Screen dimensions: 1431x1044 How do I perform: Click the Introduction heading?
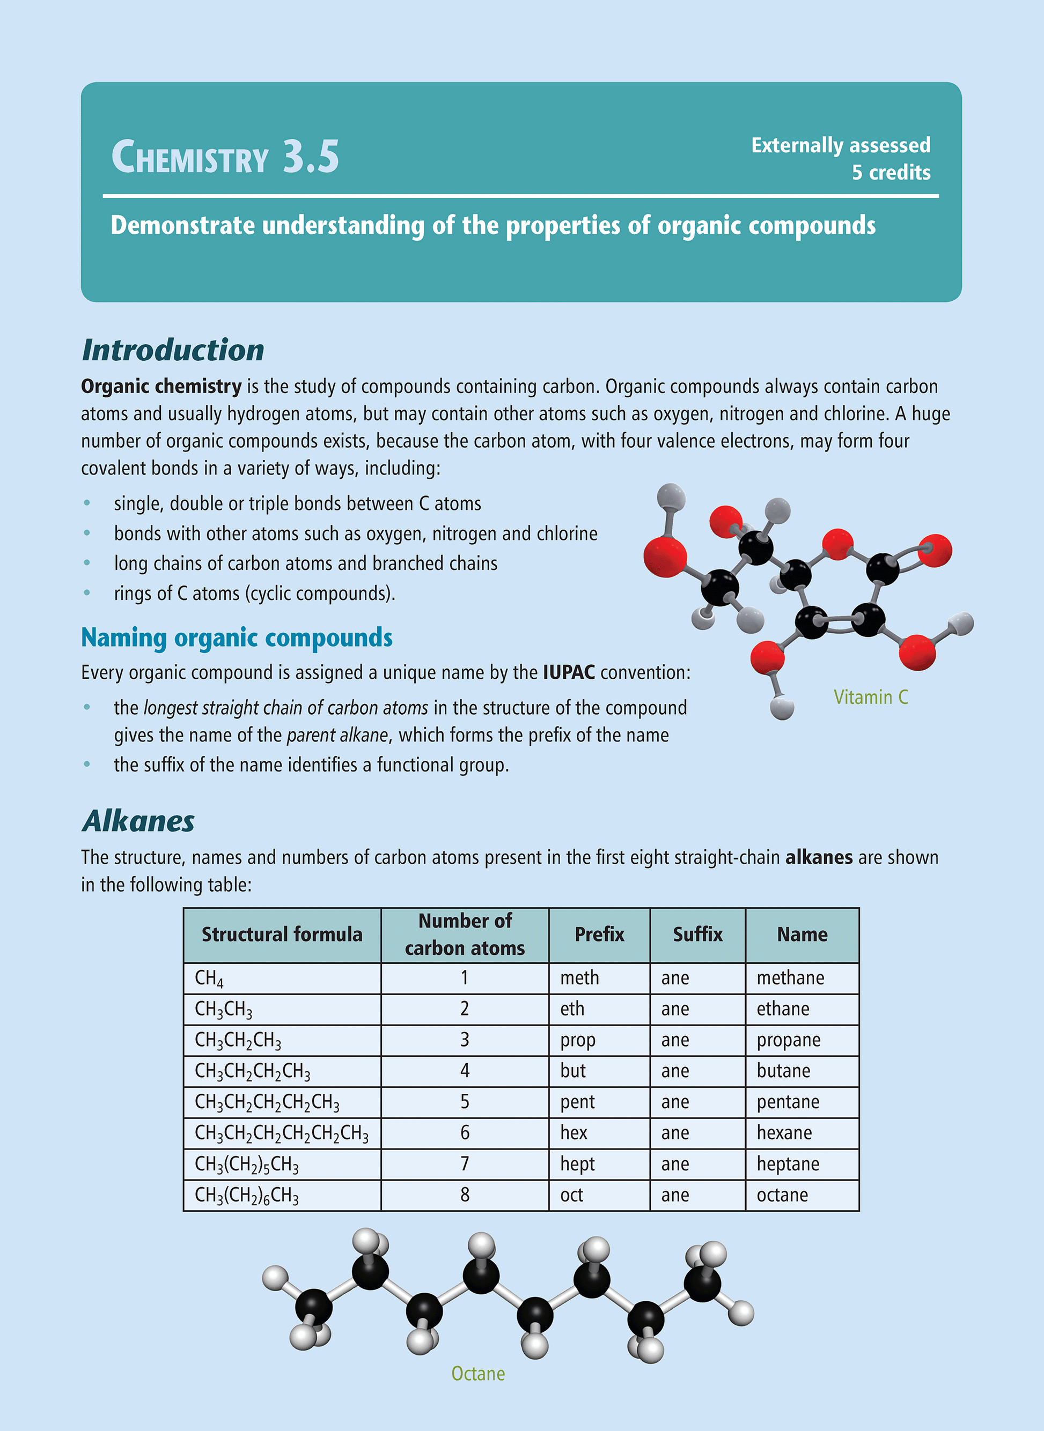(x=173, y=350)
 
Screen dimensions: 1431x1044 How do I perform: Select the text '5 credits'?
(x=891, y=173)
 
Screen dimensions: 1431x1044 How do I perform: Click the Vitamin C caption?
(x=870, y=697)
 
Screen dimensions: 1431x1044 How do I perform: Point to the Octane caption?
(x=478, y=1374)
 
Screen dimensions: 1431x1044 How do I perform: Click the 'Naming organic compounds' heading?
(x=237, y=638)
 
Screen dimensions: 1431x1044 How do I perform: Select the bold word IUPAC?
(x=568, y=672)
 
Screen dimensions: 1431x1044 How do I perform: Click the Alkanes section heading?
(x=138, y=821)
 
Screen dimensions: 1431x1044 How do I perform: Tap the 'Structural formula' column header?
(x=282, y=935)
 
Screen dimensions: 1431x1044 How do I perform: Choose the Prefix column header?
(x=599, y=935)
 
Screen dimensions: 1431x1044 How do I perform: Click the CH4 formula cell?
(x=209, y=978)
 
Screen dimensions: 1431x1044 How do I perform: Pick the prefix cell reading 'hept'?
(x=577, y=1164)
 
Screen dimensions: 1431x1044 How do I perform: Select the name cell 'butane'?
(x=783, y=1071)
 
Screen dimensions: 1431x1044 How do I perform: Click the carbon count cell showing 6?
(x=465, y=1133)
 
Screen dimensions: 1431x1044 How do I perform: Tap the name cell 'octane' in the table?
(x=782, y=1195)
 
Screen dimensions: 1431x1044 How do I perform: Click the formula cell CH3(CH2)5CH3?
(x=246, y=1165)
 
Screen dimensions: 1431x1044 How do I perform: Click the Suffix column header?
(x=697, y=935)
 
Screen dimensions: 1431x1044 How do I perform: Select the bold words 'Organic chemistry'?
(x=161, y=387)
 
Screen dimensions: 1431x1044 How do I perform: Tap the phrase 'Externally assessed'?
(x=840, y=146)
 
